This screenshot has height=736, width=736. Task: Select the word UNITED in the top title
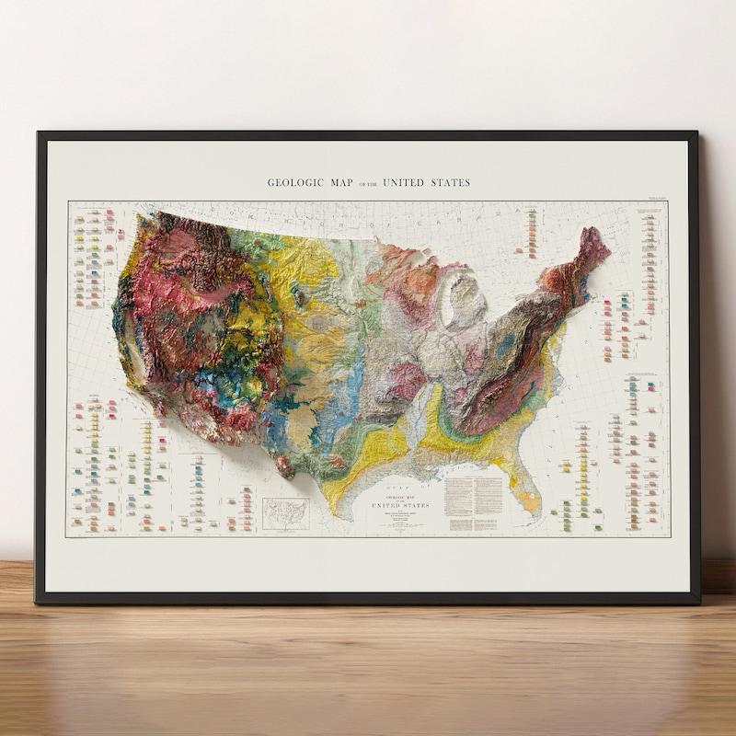403,182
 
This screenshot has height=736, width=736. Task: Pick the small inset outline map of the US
286,513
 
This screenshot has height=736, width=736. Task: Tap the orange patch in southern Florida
530,500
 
